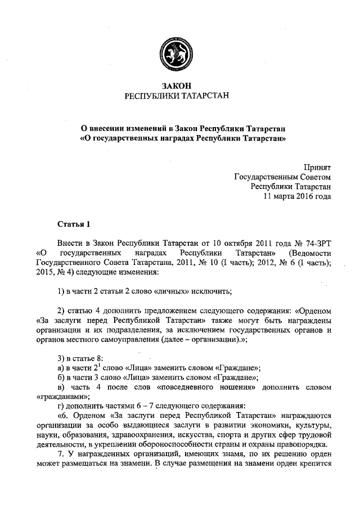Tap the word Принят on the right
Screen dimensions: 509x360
[318, 167]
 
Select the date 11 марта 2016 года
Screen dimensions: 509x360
[298, 196]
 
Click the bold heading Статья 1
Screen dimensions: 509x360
[74, 225]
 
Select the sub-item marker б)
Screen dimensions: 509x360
[63, 377]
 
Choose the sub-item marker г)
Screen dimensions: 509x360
[62, 406]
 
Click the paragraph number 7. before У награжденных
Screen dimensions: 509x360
[61, 454]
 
